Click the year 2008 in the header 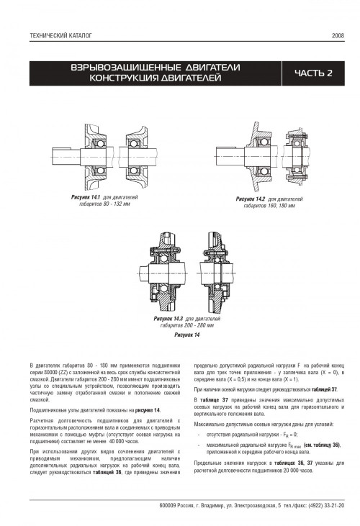pyautogui.click(x=338, y=35)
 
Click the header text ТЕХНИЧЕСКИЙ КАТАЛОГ pyautogui.click(x=60, y=35)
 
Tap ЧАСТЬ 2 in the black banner pyautogui.click(x=313, y=73)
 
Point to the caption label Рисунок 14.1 pyautogui.click(x=86, y=197)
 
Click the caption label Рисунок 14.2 pyautogui.click(x=251, y=199)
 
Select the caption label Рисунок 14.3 pyautogui.click(x=168, y=319)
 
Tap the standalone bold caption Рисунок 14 pyautogui.click(x=187, y=335)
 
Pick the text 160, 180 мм pyautogui.click(x=282, y=206)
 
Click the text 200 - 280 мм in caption pyautogui.click(x=200, y=325)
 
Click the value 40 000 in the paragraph pyautogui.click(x=114, y=442)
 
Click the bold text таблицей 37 pyautogui.click(x=324, y=390)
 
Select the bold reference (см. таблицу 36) pyautogui.click(x=322, y=445)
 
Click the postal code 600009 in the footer pyautogui.click(x=168, y=506)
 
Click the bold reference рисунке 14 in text pyautogui.click(x=148, y=410)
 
